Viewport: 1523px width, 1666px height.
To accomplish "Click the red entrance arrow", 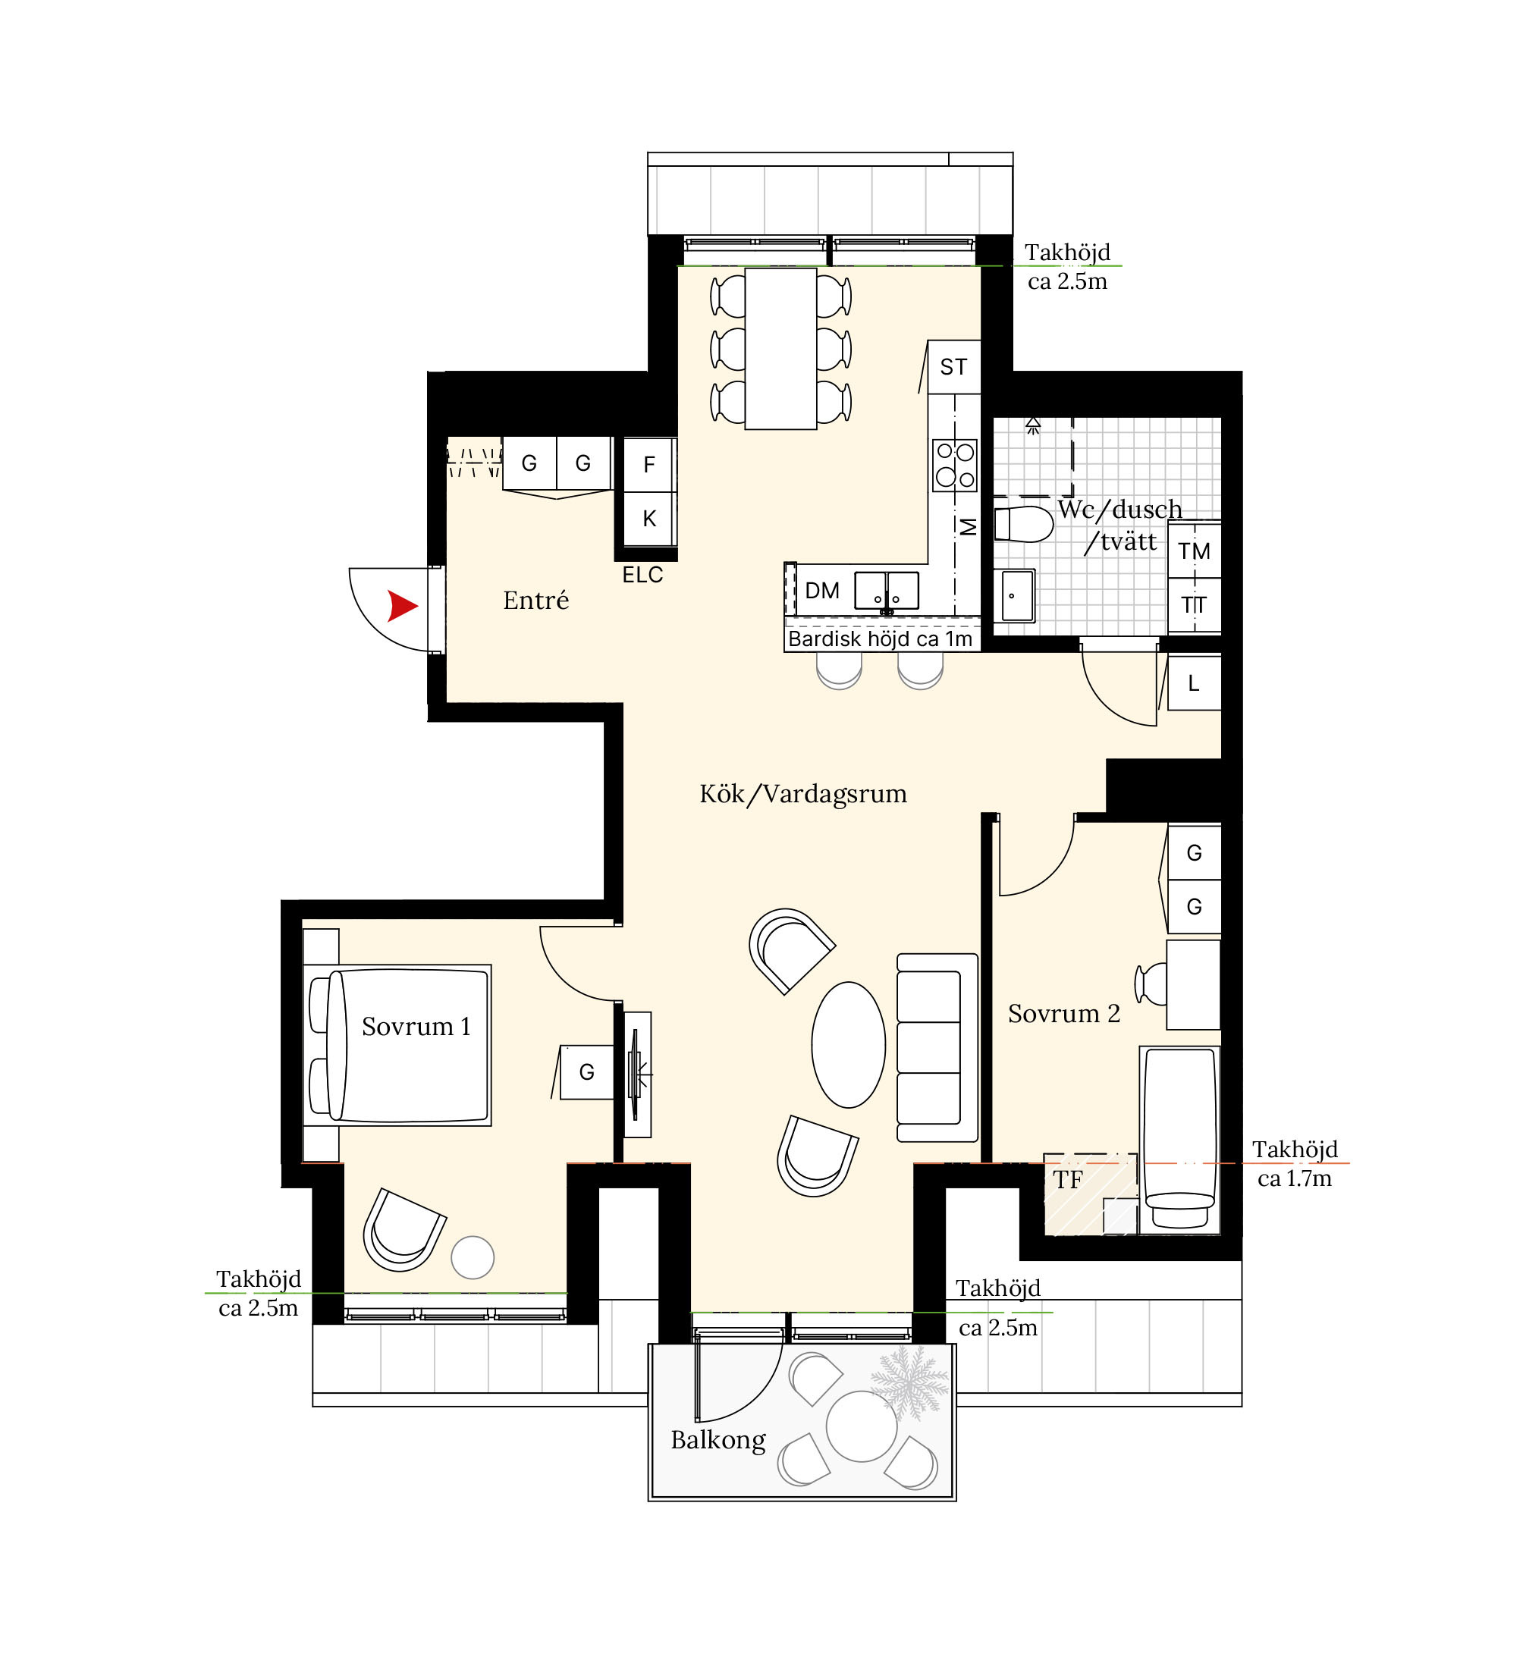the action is click(x=402, y=606).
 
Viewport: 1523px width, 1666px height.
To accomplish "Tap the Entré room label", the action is click(x=535, y=600).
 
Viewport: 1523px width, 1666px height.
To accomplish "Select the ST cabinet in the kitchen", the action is click(x=953, y=367).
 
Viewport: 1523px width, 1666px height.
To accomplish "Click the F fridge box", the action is click(x=649, y=464).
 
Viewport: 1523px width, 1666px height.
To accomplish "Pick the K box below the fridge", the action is click(x=649, y=518).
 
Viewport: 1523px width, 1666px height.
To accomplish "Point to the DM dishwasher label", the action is click(x=822, y=591).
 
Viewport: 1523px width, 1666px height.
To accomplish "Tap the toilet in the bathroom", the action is click(x=1023, y=524).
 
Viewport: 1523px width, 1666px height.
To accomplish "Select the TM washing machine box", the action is click(x=1194, y=551).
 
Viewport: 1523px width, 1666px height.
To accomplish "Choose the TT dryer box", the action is click(x=1194, y=605).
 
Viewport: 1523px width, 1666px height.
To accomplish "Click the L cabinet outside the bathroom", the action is click(x=1194, y=682).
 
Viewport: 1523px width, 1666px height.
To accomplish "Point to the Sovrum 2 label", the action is click(x=1063, y=1013).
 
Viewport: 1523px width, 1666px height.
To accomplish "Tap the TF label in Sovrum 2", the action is click(x=1068, y=1179).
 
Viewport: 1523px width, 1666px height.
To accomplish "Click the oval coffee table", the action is click(x=848, y=1044).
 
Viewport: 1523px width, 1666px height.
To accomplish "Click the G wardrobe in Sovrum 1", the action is click(x=587, y=1071).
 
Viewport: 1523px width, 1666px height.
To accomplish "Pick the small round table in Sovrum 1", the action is click(x=473, y=1257).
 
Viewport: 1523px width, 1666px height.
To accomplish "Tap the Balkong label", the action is click(x=718, y=1439).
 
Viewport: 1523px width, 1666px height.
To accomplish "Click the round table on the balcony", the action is click(x=861, y=1426).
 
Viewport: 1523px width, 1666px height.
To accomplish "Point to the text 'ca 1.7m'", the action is click(x=1294, y=1178).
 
